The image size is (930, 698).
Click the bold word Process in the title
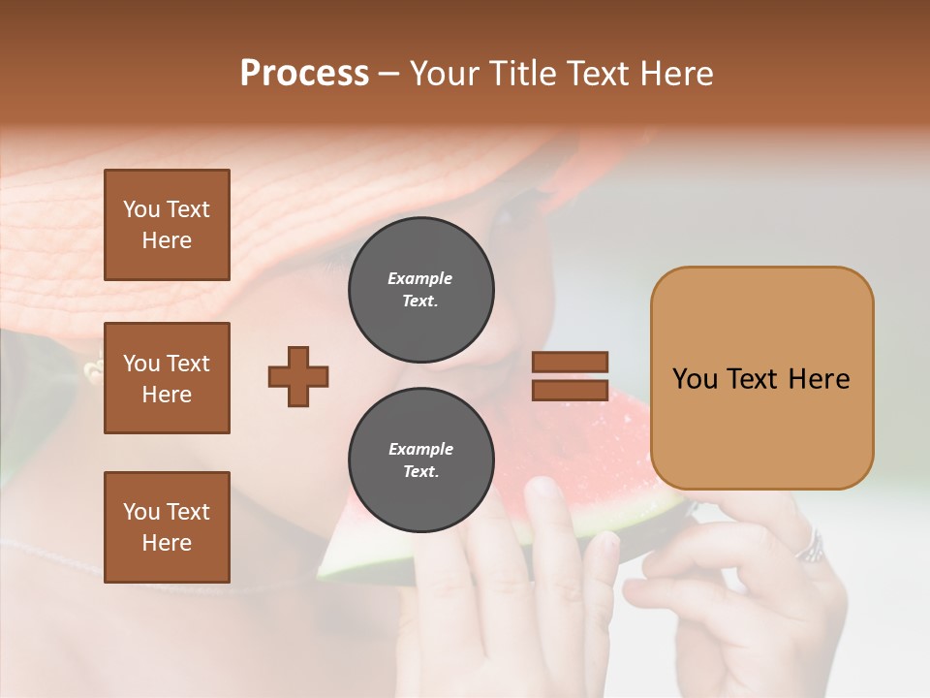tap(304, 73)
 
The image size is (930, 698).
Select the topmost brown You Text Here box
tap(167, 225)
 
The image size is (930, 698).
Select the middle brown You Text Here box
tap(167, 378)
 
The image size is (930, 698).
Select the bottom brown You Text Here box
tap(167, 527)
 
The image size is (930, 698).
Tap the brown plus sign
tap(298, 376)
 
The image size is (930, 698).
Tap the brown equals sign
tap(571, 376)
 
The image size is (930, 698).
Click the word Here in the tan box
tap(819, 379)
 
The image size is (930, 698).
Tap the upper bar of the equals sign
tap(571, 363)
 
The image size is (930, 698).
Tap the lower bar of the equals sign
tap(571, 390)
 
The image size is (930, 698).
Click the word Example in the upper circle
tap(420, 278)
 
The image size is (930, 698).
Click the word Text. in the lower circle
tap(420, 472)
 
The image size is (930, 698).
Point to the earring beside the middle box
tap(94, 368)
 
